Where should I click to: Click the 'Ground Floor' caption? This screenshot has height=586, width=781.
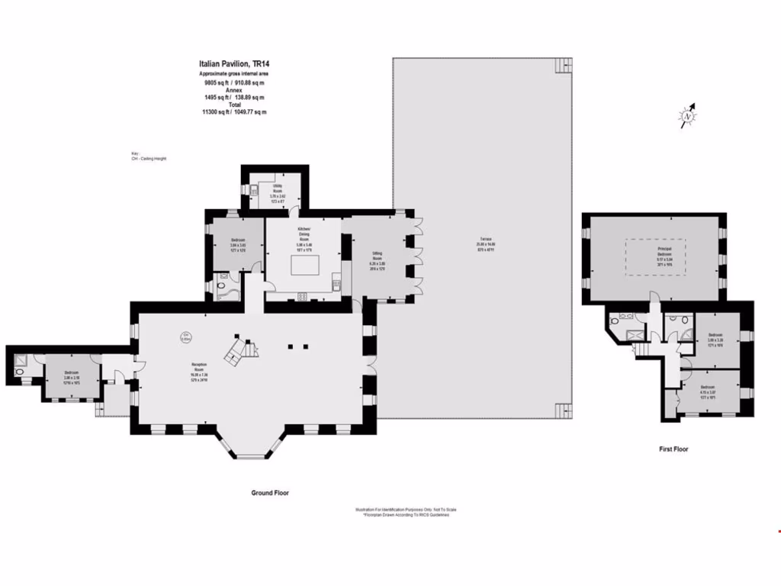coord(270,493)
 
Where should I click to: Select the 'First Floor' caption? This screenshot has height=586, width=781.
coord(673,449)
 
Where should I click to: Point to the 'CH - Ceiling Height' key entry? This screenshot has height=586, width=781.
coord(149,158)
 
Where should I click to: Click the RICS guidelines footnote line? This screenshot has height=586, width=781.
coord(406,515)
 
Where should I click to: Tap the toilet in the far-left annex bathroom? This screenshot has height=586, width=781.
coord(18,372)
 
